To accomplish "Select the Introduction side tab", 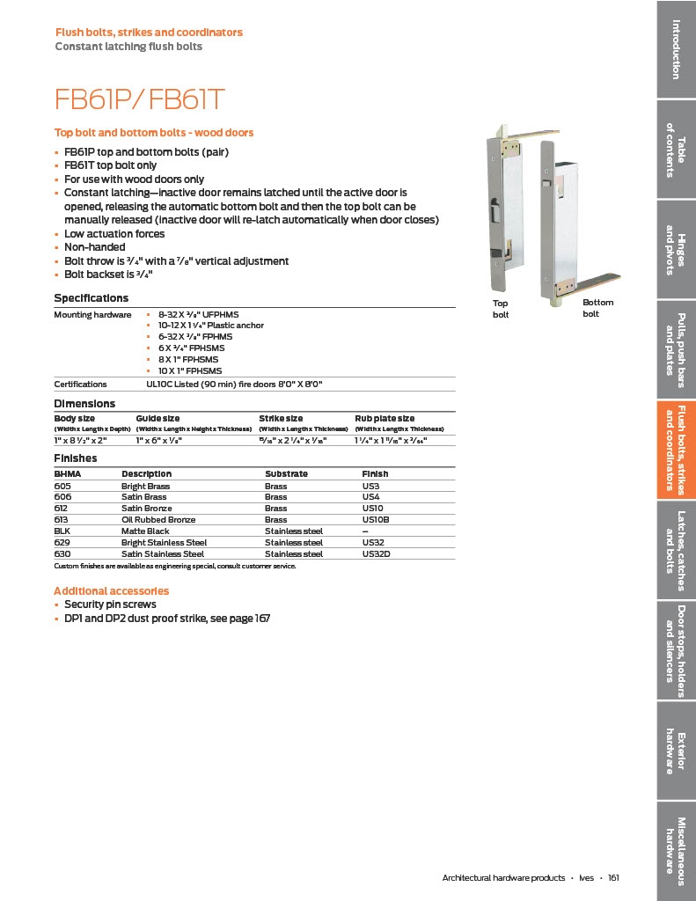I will tap(676, 48).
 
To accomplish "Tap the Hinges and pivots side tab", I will tap(676, 250).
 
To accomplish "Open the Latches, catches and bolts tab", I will tap(676, 550).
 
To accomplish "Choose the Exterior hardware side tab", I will tap(676, 752).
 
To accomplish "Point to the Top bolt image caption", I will tap(501, 309).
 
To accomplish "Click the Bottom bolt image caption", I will tap(597, 308).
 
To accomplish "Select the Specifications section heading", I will tap(91, 298).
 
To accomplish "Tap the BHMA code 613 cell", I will tap(62, 520).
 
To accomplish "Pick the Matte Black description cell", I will tap(145, 531).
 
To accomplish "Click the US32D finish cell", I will tap(377, 554).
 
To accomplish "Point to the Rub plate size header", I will tap(385, 419).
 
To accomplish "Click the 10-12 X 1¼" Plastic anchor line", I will tap(210, 326).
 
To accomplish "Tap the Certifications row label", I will tap(80, 385).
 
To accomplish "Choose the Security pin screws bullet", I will tap(110, 604).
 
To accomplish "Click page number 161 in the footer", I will tap(613, 878).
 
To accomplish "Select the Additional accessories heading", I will tap(111, 591).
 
